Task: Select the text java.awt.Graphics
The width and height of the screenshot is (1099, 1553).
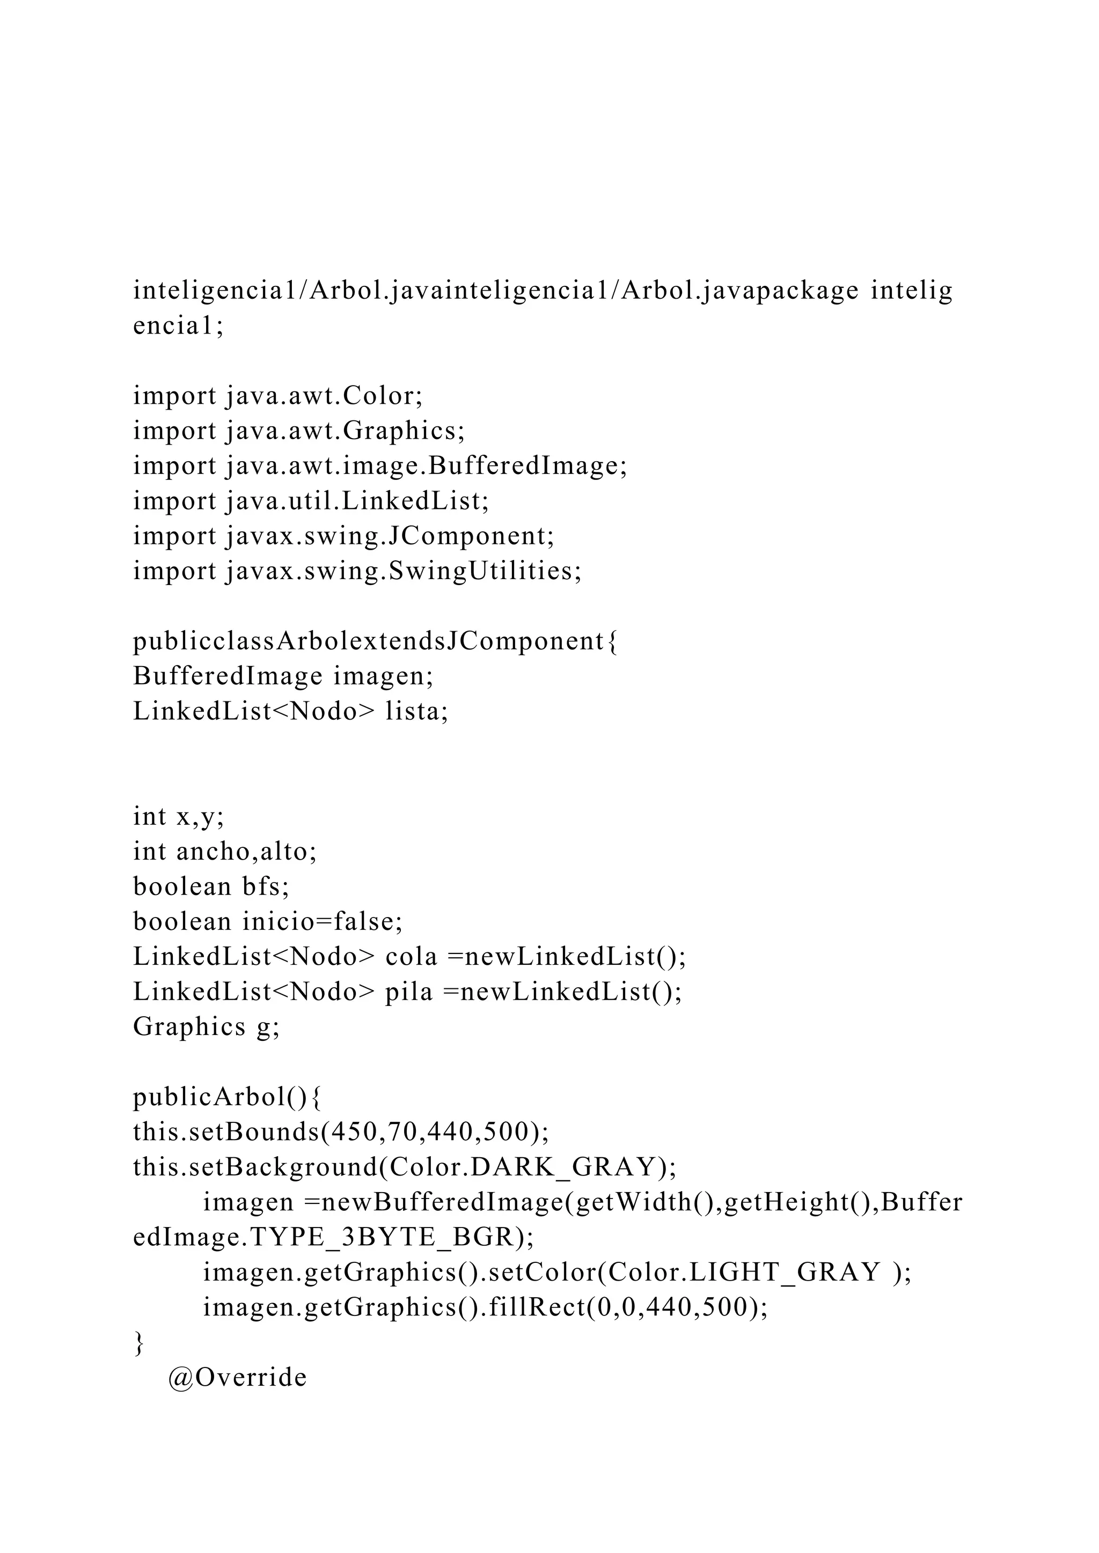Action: (345, 431)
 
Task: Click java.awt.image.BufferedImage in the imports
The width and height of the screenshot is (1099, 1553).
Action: (426, 466)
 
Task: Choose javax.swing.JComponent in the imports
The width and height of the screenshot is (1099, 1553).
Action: (389, 536)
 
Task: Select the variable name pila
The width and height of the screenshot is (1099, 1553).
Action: (409, 992)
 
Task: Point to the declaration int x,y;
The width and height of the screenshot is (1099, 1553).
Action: (179, 816)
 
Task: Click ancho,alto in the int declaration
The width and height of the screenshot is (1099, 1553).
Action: (246, 852)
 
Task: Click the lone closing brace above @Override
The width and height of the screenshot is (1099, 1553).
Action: (139, 1343)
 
